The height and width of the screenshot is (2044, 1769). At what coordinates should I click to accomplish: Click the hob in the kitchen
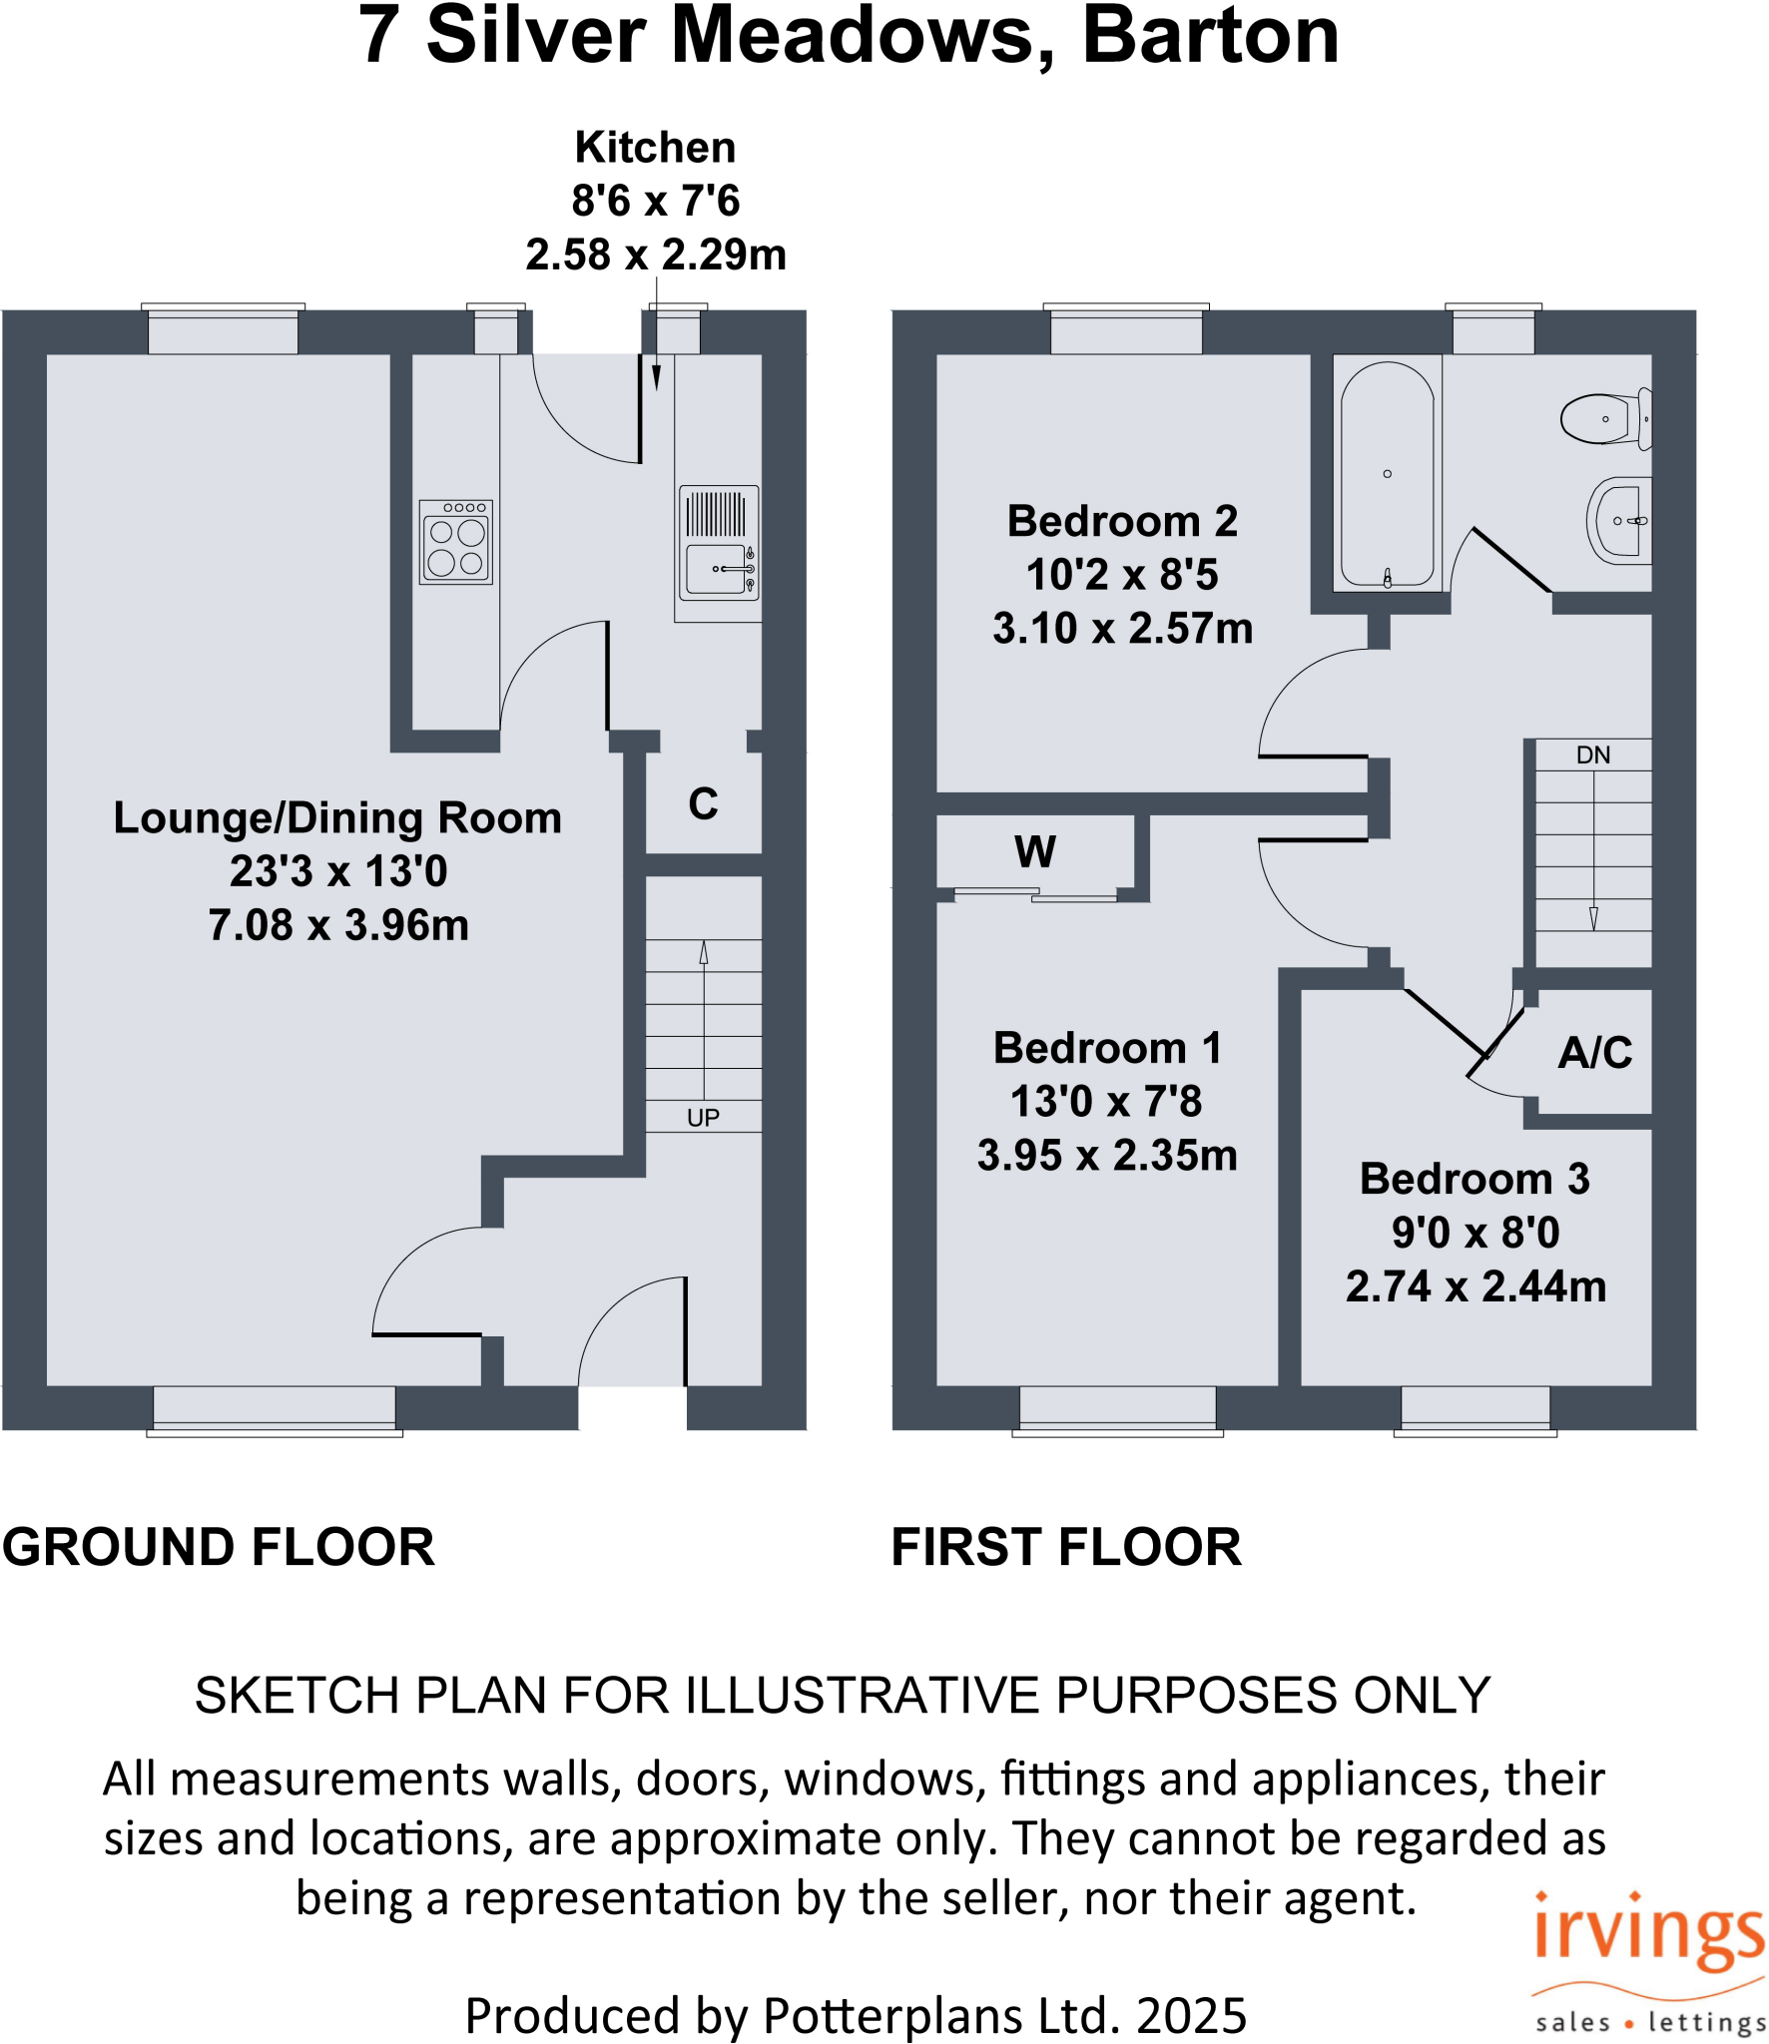click(x=456, y=542)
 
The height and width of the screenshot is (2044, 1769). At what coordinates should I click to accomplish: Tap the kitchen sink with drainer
click(x=718, y=543)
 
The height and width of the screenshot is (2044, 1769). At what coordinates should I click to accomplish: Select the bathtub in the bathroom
click(x=1388, y=474)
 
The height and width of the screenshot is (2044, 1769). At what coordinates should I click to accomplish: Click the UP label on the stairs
click(x=703, y=1118)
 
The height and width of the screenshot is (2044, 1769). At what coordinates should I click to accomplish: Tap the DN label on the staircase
click(x=1592, y=756)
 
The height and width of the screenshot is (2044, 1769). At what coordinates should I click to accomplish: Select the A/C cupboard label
click(x=1594, y=1053)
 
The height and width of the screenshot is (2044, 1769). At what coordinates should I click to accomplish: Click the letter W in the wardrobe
click(x=1034, y=852)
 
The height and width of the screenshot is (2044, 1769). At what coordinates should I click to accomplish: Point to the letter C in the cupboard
click(x=703, y=804)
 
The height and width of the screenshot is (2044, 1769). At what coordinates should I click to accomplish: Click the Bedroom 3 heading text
click(x=1474, y=1179)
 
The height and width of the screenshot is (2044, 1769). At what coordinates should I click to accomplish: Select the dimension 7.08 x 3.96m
click(x=338, y=925)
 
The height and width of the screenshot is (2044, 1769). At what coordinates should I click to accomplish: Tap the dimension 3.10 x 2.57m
click(x=1122, y=629)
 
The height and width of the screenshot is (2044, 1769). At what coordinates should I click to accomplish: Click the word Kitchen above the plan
click(x=655, y=148)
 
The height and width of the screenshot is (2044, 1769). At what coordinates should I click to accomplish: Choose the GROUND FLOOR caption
click(x=219, y=1548)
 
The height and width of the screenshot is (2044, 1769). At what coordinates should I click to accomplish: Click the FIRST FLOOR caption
click(x=1065, y=1548)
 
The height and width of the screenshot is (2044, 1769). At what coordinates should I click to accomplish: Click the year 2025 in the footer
click(x=1191, y=2016)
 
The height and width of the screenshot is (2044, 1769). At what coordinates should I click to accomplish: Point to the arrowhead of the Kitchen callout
click(x=656, y=379)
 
